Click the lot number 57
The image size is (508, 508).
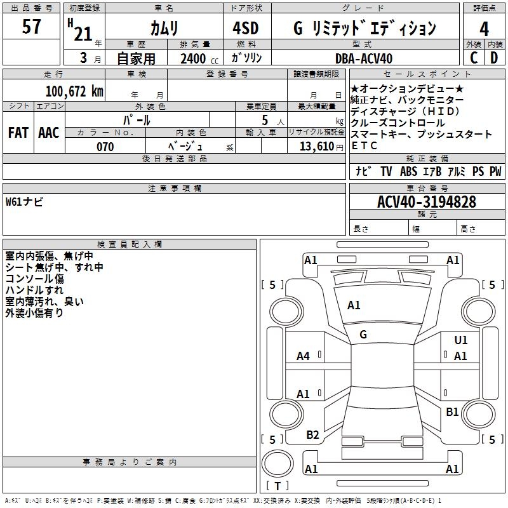tap(31, 27)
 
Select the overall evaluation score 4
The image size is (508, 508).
tap(485, 29)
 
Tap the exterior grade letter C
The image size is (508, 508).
tap(474, 58)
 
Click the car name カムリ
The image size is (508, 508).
tap(164, 29)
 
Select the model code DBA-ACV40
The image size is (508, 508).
tap(364, 58)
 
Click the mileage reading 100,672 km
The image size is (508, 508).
tap(74, 91)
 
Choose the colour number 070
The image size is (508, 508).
tap(105, 147)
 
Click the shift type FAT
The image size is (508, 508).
tap(18, 133)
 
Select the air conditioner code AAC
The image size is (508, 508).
tap(48, 133)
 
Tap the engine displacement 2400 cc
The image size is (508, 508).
tap(197, 58)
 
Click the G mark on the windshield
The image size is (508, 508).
tap(363, 334)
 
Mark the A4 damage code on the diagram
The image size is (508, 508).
tap(304, 356)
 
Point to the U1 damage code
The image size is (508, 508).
tap(461, 340)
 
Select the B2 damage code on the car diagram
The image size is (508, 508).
tap(312, 435)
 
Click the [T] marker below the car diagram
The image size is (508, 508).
tap(277, 486)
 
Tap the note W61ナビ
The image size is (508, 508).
tap(24, 202)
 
